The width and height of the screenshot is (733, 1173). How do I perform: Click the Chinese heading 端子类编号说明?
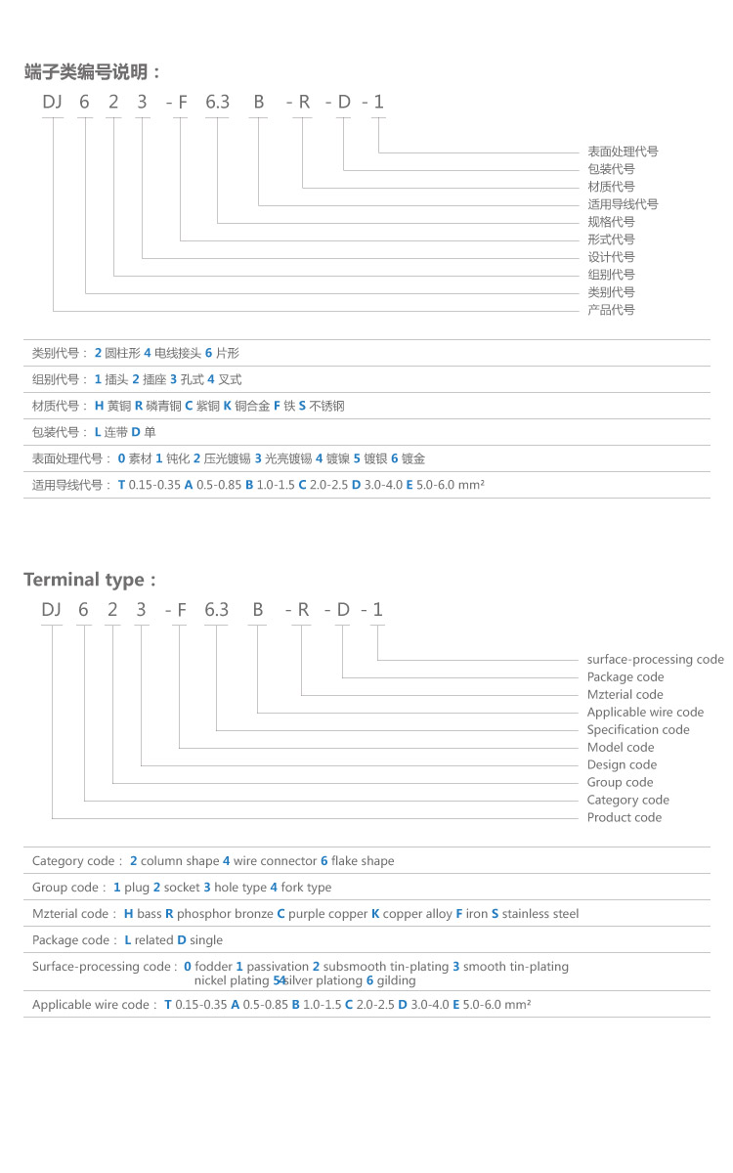(x=92, y=71)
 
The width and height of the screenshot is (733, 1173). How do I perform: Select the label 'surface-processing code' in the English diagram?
(x=655, y=660)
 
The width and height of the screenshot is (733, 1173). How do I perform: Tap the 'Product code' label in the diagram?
(x=624, y=818)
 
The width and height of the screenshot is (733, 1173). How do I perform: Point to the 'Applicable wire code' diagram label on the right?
(x=645, y=713)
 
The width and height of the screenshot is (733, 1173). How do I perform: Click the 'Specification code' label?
(x=638, y=730)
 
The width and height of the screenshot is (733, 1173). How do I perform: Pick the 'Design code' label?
(x=622, y=765)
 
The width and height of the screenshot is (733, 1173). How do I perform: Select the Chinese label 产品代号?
(x=611, y=310)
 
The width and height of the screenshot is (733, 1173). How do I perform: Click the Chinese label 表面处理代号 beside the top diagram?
(x=623, y=152)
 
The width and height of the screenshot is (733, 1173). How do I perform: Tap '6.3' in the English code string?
(x=216, y=610)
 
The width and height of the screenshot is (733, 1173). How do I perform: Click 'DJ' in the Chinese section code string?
(x=52, y=102)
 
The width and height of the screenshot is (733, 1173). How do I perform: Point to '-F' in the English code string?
(x=177, y=610)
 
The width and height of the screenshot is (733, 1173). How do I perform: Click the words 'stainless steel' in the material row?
(x=540, y=914)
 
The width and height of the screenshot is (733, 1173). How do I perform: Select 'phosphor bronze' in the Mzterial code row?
(x=225, y=914)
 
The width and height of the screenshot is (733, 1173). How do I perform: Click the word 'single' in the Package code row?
(x=206, y=940)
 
